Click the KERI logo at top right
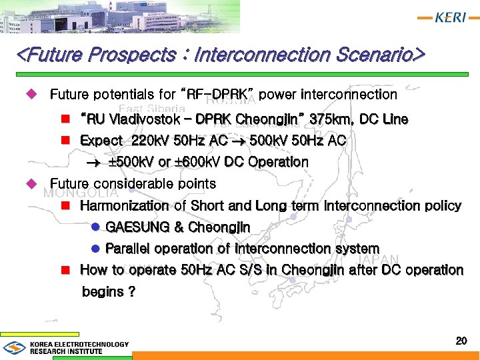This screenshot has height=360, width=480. click(x=443, y=18)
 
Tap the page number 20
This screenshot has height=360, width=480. click(x=461, y=341)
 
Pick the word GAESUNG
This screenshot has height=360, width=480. click(x=137, y=227)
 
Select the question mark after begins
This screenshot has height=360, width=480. click(x=131, y=292)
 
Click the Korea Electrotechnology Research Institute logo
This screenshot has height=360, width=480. click(x=66, y=347)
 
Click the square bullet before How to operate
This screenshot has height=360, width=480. click(x=65, y=270)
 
